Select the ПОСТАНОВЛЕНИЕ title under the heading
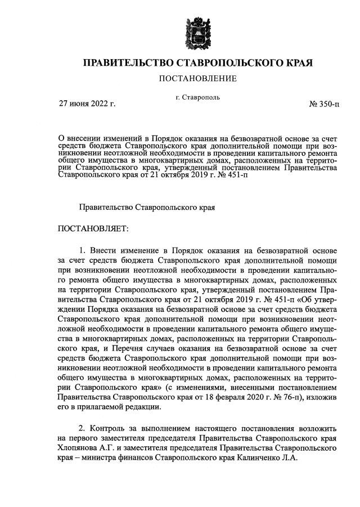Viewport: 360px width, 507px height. [197, 78]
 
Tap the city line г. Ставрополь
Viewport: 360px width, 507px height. [197, 97]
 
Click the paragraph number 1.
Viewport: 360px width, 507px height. [82, 249]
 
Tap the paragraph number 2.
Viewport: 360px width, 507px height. [82, 427]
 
